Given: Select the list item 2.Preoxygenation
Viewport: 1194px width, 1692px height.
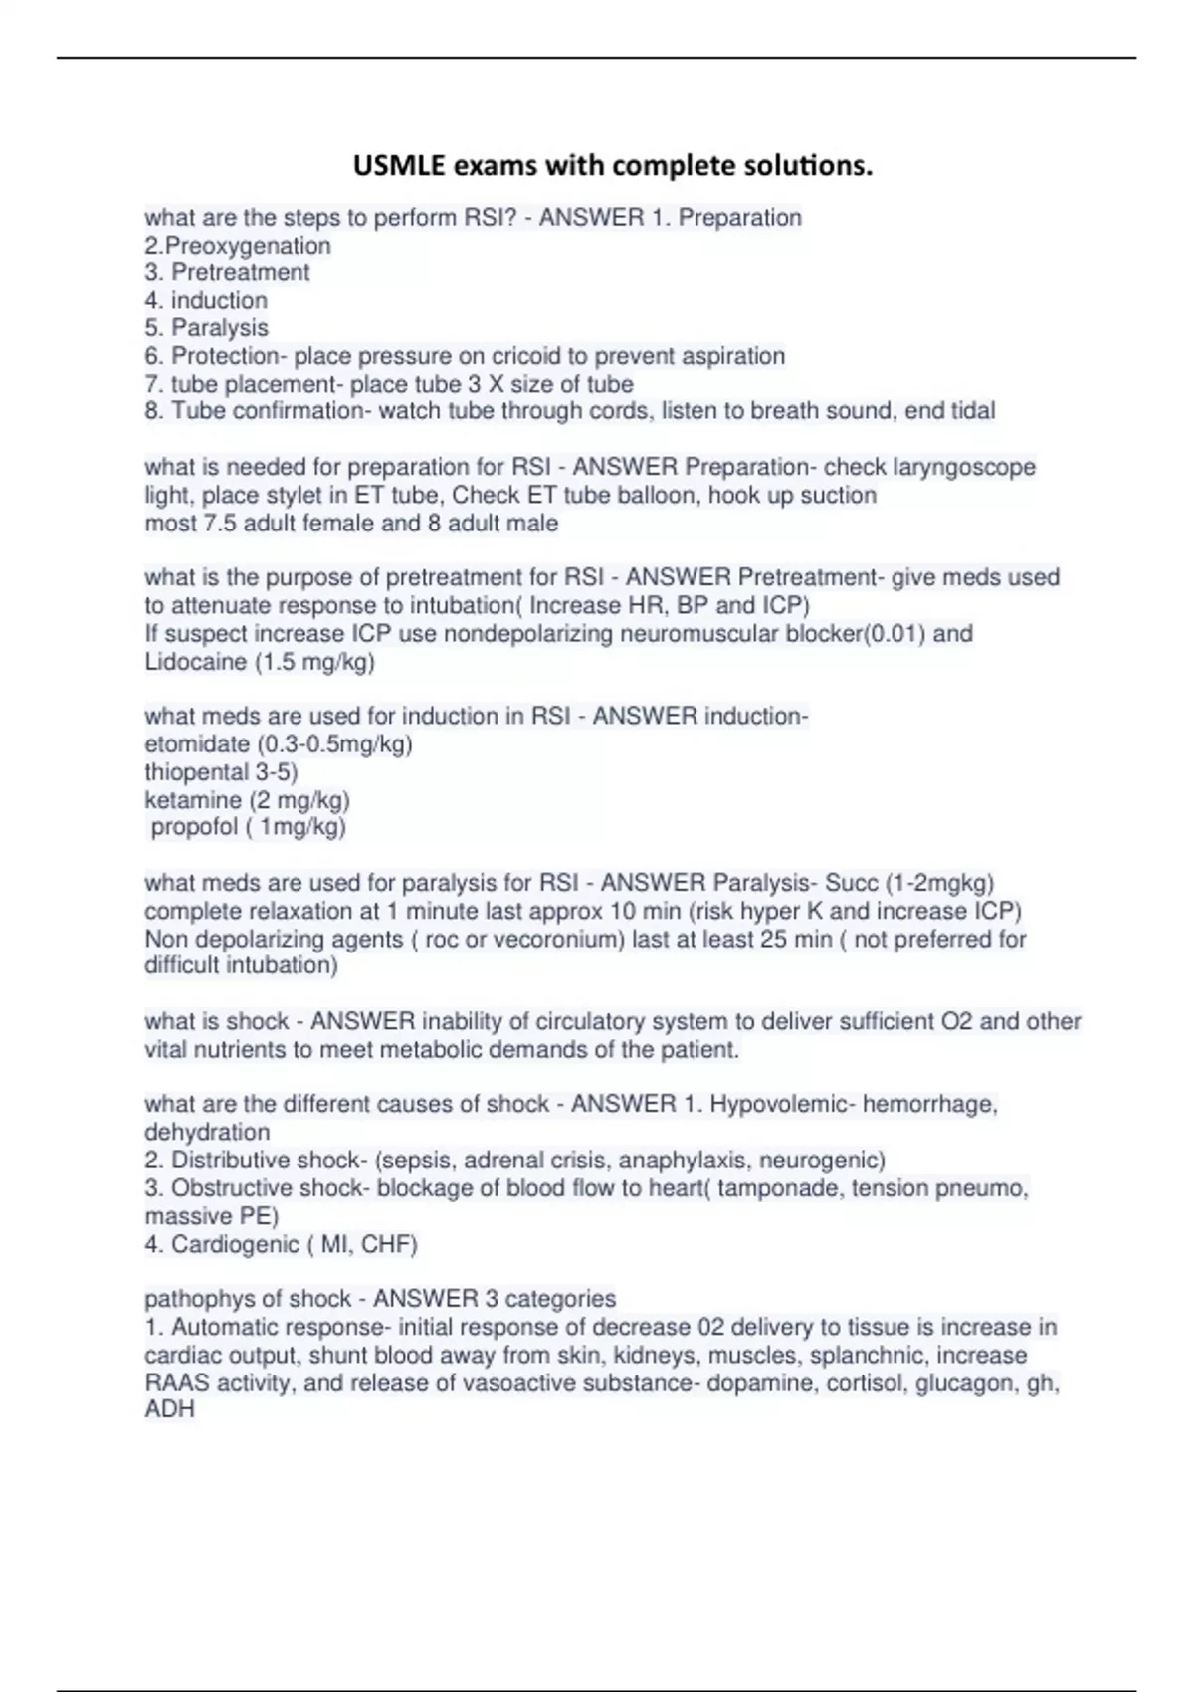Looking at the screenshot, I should tap(238, 246).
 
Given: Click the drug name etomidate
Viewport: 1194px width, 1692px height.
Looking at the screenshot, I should tap(197, 744).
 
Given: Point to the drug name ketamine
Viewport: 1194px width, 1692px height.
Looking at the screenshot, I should tap(193, 800).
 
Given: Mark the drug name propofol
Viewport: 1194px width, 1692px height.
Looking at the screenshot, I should tap(195, 827).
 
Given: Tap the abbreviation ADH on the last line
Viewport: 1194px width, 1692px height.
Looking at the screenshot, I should tap(169, 1409).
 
